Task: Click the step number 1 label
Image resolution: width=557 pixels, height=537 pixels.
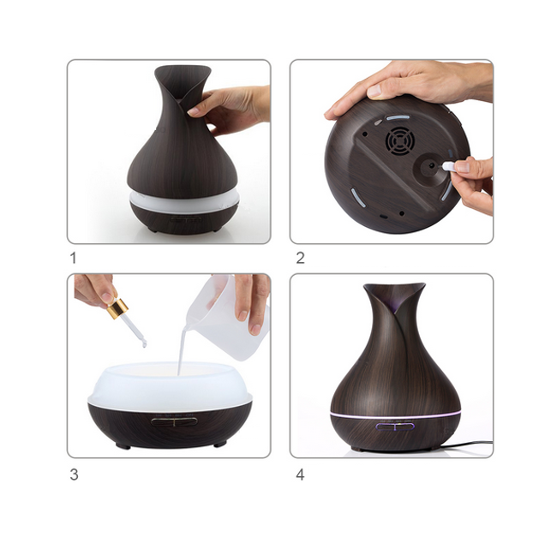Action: pos(74,258)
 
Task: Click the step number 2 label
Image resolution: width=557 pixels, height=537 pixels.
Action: pos(300,258)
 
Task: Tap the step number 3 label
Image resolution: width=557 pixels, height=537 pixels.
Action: pos(74,474)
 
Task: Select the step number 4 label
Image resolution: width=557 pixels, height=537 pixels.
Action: pos(300,474)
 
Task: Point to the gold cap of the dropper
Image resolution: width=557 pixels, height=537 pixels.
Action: pos(119,309)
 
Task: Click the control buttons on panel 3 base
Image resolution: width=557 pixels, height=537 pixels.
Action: pos(174,421)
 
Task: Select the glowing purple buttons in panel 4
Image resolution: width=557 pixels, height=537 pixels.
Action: pos(395,427)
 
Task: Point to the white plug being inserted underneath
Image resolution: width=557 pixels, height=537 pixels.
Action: pos(450,165)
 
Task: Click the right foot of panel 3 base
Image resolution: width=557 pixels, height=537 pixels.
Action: pos(220,444)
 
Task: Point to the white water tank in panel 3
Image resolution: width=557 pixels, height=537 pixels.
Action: pos(170,387)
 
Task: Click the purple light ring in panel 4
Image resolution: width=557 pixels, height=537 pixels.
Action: pos(395,415)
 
